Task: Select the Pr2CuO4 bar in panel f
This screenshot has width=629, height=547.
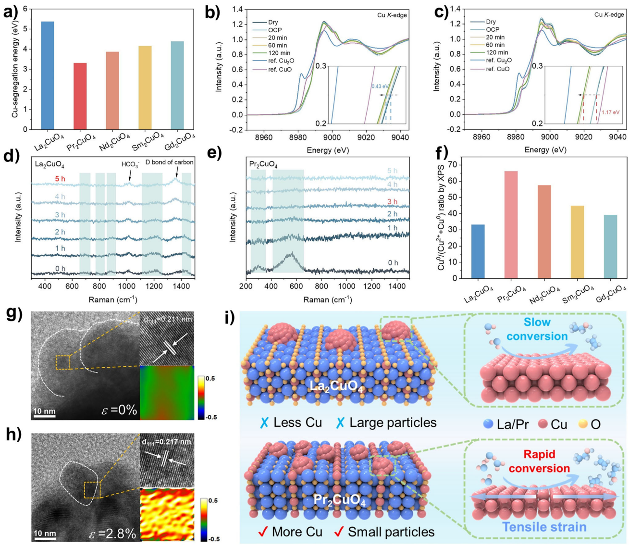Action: pos(511,224)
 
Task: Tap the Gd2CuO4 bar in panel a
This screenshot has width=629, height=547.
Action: pos(177,85)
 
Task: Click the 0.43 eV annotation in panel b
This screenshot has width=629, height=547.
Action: pos(380,87)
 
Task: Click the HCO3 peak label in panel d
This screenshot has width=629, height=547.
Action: pos(130,164)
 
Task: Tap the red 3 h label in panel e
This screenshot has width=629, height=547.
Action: pos(392,201)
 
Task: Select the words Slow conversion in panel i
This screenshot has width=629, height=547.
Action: pos(537,329)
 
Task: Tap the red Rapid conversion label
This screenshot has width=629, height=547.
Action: pos(539,461)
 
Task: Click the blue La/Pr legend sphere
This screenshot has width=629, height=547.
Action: pos(489,424)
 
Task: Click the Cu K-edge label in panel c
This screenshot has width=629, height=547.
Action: pos(609,15)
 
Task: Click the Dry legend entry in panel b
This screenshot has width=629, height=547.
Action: pos(273,22)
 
